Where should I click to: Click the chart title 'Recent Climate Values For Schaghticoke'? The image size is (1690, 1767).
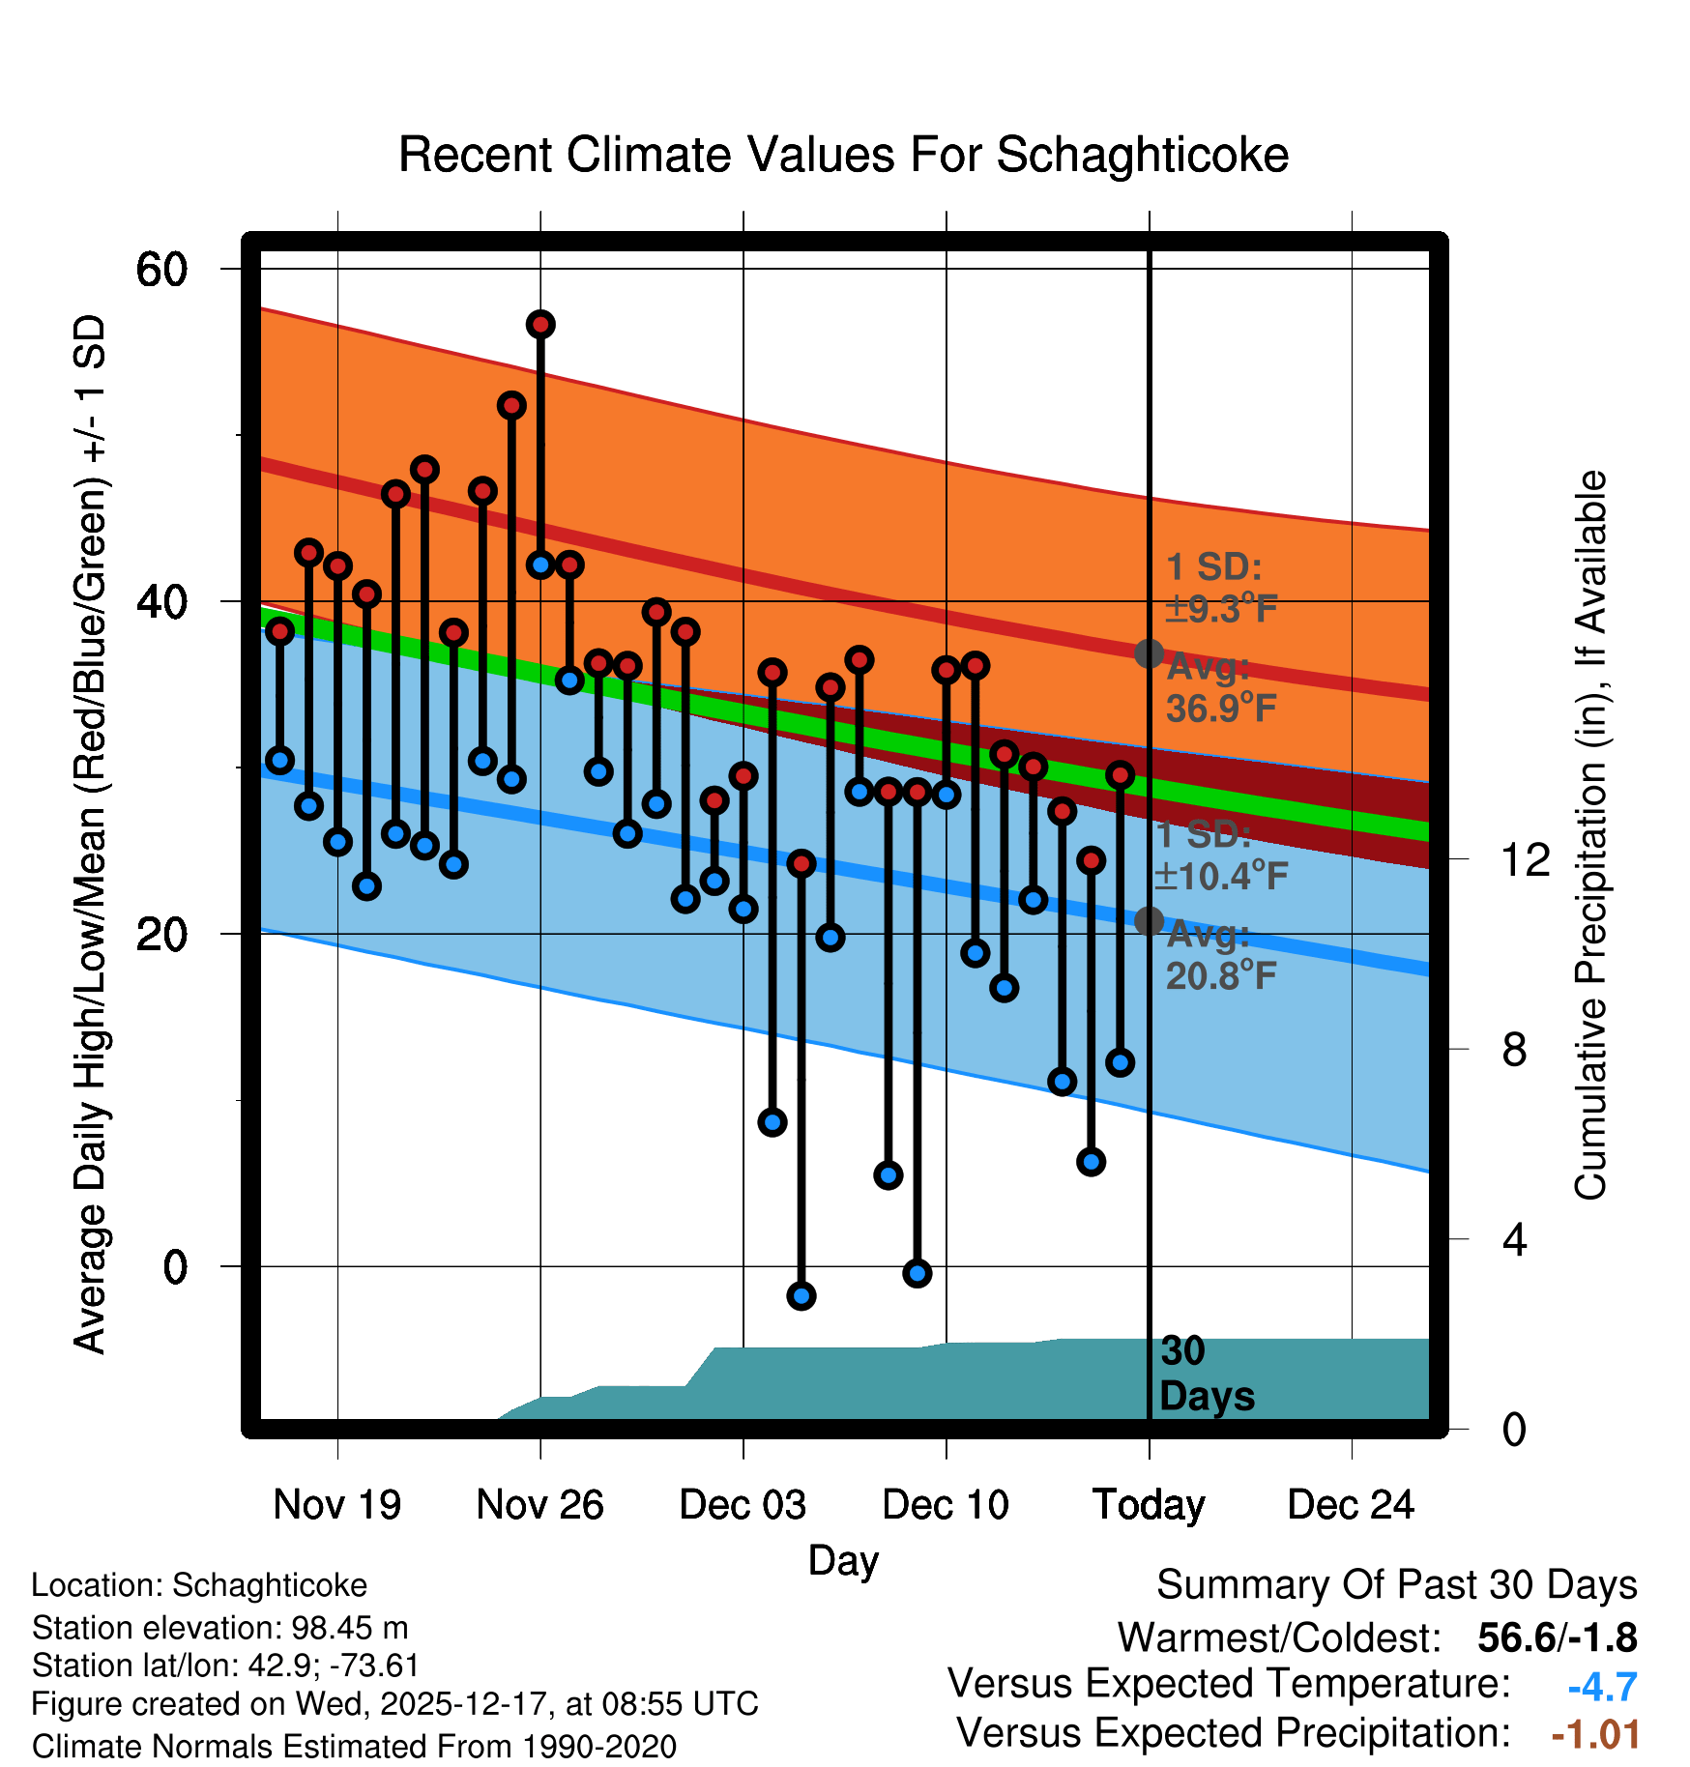click(843, 155)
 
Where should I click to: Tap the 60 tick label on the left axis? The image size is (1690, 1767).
click(161, 269)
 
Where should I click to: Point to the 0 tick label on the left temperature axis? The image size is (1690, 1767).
click(175, 1266)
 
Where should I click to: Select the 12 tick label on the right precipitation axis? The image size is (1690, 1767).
click(1526, 859)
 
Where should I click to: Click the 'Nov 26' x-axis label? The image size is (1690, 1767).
click(539, 1505)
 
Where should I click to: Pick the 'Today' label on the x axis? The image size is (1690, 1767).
click(1149, 1505)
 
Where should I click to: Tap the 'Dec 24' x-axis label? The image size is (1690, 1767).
click(1351, 1505)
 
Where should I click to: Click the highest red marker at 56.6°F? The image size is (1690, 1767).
click(540, 324)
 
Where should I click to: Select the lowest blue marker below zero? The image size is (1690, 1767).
click(801, 1295)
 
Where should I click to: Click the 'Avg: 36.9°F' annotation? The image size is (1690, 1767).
click(1220, 688)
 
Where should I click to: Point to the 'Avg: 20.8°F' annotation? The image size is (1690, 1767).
click(1220, 956)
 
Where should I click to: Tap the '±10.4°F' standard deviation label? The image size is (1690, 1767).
click(1221, 876)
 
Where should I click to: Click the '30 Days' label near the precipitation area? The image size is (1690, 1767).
click(1206, 1374)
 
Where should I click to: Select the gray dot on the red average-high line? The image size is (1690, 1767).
click(1149, 653)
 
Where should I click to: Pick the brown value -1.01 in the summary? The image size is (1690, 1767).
click(1595, 1734)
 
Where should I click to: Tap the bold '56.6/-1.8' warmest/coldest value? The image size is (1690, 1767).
click(1557, 1637)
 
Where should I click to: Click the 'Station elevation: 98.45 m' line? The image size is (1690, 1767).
click(219, 1628)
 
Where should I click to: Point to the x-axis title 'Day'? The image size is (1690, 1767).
click(843, 1560)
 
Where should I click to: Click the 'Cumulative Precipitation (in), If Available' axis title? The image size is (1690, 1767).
click(1589, 835)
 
